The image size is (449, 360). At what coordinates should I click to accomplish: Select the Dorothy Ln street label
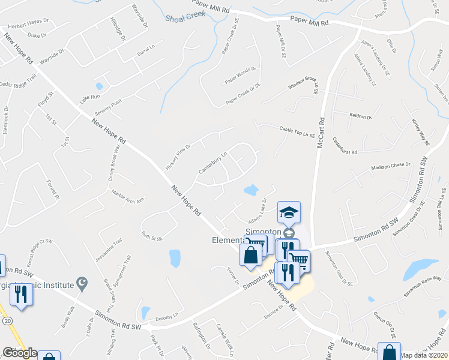(167, 316)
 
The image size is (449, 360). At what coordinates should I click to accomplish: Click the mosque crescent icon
(83, 284)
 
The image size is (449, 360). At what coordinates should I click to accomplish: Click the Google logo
(20, 353)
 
